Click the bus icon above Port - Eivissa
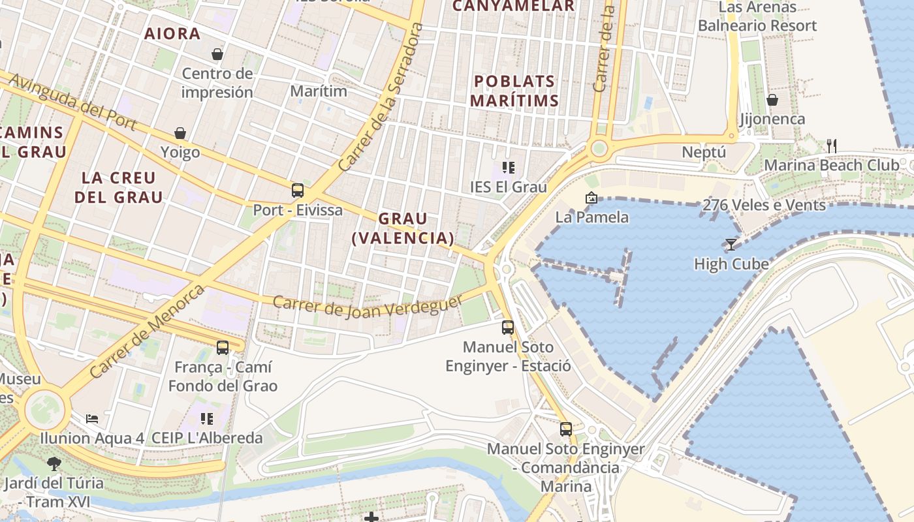(x=298, y=191)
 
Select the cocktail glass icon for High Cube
(x=731, y=245)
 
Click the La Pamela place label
(x=591, y=217)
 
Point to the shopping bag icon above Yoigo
(x=180, y=133)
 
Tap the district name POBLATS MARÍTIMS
(x=514, y=91)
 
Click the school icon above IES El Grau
(x=509, y=168)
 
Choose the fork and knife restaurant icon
(x=831, y=146)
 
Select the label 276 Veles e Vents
(x=764, y=206)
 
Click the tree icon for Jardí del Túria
(x=54, y=464)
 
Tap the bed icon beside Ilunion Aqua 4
(x=92, y=418)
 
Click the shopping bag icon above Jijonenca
(x=772, y=100)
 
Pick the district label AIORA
(x=172, y=34)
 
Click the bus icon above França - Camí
(x=223, y=348)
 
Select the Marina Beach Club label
(x=831, y=165)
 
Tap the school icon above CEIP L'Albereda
(x=207, y=418)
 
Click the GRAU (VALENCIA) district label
(x=403, y=228)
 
